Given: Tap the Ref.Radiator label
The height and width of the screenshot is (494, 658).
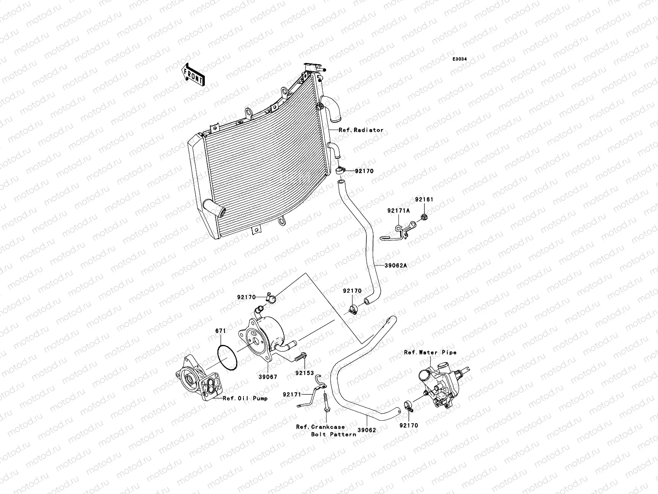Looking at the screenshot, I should (361, 130).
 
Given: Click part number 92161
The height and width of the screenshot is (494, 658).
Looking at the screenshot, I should (424, 200).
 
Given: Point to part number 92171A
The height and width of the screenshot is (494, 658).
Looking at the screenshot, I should (398, 210).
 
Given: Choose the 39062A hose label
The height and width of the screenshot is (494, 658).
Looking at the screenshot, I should (396, 266).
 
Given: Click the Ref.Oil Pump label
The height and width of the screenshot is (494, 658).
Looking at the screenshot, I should (245, 398).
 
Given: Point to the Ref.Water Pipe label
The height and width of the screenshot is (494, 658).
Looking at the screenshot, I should (430, 352).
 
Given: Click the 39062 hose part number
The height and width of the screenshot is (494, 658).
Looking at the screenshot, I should (367, 431).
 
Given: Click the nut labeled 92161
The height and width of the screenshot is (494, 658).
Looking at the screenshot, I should (425, 217).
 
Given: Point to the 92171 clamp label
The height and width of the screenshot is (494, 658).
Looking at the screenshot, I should (292, 394).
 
